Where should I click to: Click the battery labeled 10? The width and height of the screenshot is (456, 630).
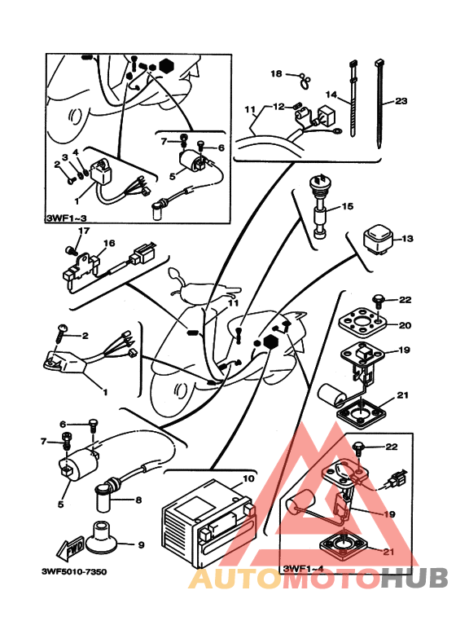pos(208,524)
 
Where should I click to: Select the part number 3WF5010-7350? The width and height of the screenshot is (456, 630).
pos(74,571)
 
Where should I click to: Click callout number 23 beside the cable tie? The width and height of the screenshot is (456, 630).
pos(401,101)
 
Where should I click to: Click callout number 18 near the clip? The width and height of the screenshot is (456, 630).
pos(276,73)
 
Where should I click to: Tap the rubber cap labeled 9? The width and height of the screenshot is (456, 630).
pos(99,537)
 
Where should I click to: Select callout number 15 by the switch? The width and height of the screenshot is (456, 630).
pos(348,206)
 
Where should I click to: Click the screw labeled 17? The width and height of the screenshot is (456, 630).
pos(70,251)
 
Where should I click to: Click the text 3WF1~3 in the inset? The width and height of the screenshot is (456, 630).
pos(66,218)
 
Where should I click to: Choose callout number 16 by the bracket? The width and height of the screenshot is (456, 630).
pos(109,243)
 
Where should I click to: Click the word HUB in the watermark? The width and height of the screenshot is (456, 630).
pos(414,579)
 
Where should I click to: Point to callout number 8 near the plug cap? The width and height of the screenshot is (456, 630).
pos(138,500)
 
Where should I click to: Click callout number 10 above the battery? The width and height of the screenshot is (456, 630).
pos(248,478)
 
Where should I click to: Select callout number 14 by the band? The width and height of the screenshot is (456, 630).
pos(331,95)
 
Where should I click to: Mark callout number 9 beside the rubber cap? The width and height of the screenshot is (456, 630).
pos(141,545)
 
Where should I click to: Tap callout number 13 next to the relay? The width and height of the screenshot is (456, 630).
pos(407,239)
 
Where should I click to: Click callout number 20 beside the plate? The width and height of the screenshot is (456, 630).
pos(405,325)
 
